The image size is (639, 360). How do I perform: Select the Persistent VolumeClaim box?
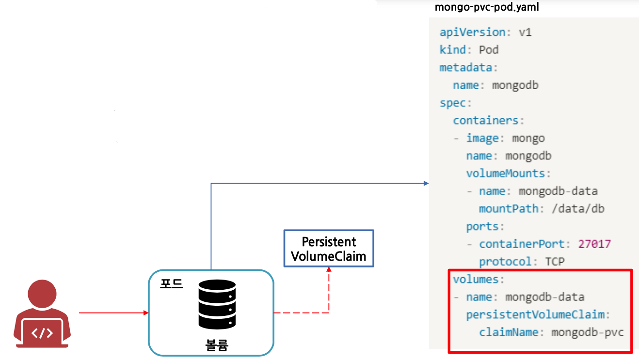click(329, 249)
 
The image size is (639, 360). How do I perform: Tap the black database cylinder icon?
click(217, 304)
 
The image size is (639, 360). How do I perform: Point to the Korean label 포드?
click(172, 283)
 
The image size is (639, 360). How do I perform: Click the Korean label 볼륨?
click(217, 345)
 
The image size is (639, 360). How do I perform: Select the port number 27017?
click(594, 244)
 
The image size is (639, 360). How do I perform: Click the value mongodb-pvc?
click(587, 332)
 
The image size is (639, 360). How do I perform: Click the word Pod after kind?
click(489, 50)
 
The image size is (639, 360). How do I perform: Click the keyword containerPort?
click(522, 244)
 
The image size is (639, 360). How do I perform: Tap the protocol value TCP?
click(555, 262)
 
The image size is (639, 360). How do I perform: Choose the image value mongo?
click(528, 138)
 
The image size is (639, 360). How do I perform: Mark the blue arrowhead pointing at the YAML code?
click(426, 183)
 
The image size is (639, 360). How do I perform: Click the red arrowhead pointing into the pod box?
click(145, 313)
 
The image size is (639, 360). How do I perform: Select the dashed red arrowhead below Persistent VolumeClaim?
click(329, 270)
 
